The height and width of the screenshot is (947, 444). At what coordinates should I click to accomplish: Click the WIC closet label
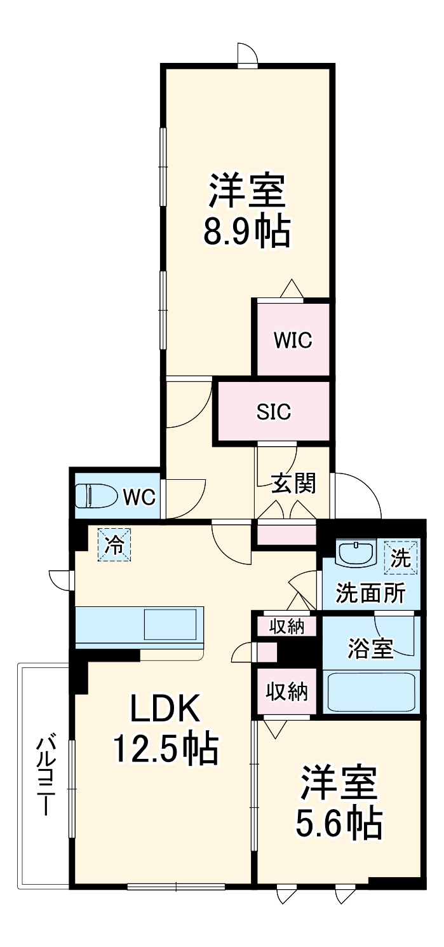293,341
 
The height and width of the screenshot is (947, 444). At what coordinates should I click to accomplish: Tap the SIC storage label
274,412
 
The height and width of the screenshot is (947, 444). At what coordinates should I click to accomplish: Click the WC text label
139,497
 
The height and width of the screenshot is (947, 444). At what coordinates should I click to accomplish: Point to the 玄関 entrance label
293,484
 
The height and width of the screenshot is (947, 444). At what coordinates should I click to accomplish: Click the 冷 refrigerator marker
114,545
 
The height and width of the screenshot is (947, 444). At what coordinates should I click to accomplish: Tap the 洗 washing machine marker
401,557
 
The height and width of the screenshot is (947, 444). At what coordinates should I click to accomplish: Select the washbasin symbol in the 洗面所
356,553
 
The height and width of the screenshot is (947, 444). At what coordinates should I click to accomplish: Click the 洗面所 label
370,593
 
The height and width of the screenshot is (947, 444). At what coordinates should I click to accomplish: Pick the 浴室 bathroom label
370,649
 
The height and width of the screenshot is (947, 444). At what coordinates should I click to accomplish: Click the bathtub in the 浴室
370,691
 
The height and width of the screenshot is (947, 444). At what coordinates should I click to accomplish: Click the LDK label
165,709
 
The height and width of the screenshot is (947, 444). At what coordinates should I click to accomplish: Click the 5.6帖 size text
339,823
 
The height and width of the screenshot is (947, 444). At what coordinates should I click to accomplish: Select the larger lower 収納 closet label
286,691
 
